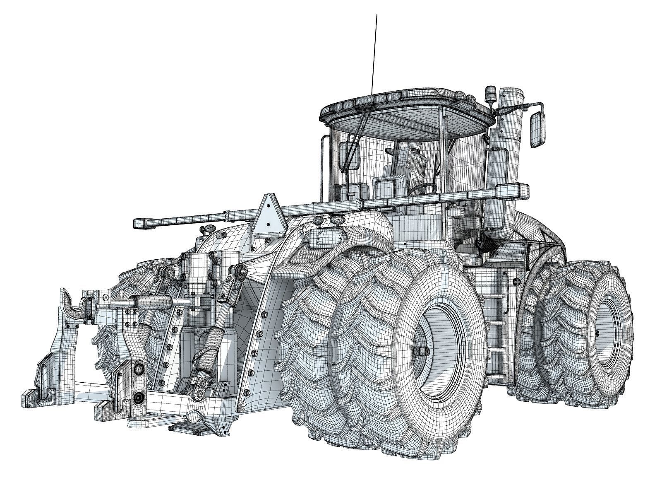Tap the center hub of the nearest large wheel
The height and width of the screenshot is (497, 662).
pos(422,351)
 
